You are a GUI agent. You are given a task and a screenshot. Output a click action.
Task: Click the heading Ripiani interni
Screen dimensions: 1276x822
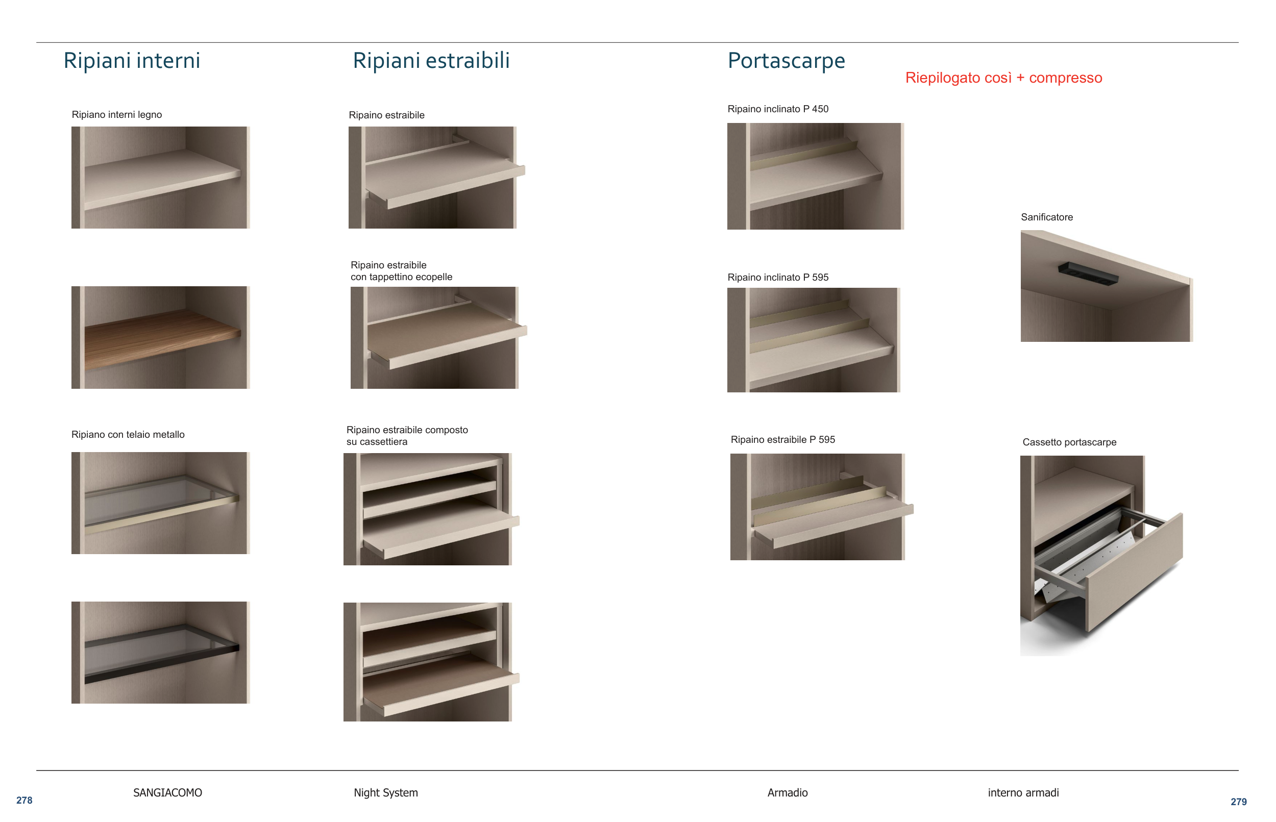132,60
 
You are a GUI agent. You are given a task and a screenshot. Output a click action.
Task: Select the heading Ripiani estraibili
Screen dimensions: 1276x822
431,60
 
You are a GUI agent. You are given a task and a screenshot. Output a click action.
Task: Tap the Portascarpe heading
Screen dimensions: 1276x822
787,61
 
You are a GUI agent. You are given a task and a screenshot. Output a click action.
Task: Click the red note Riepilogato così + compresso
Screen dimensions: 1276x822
1004,78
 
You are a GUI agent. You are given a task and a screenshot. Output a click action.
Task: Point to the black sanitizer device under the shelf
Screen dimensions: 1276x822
1088,274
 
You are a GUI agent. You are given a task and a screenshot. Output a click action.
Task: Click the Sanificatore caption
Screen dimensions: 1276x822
1047,217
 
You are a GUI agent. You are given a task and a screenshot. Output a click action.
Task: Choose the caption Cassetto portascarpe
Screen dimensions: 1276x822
1069,442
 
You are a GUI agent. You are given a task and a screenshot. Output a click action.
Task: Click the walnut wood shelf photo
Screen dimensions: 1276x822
161,337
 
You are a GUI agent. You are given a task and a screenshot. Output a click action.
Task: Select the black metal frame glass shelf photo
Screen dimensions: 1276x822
161,652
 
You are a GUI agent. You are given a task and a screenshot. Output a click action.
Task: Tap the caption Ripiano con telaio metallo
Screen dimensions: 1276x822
128,435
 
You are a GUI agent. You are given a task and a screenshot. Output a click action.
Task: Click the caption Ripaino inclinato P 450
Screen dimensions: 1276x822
778,109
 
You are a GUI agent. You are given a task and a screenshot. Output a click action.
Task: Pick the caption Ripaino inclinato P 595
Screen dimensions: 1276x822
778,278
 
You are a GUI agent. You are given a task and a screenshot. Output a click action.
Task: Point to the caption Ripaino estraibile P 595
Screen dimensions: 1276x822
782,440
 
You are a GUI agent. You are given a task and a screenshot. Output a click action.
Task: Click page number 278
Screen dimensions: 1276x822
24,800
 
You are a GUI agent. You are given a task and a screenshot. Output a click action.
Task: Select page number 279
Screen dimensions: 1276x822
1239,802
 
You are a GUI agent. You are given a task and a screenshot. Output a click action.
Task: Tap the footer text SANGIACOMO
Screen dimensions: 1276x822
167,792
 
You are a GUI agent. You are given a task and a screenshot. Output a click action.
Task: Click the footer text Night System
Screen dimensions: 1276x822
386,792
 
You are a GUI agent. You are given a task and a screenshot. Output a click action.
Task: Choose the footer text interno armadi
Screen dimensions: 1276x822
1023,792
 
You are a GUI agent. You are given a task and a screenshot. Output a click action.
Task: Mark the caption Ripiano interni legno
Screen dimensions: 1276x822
117,115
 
